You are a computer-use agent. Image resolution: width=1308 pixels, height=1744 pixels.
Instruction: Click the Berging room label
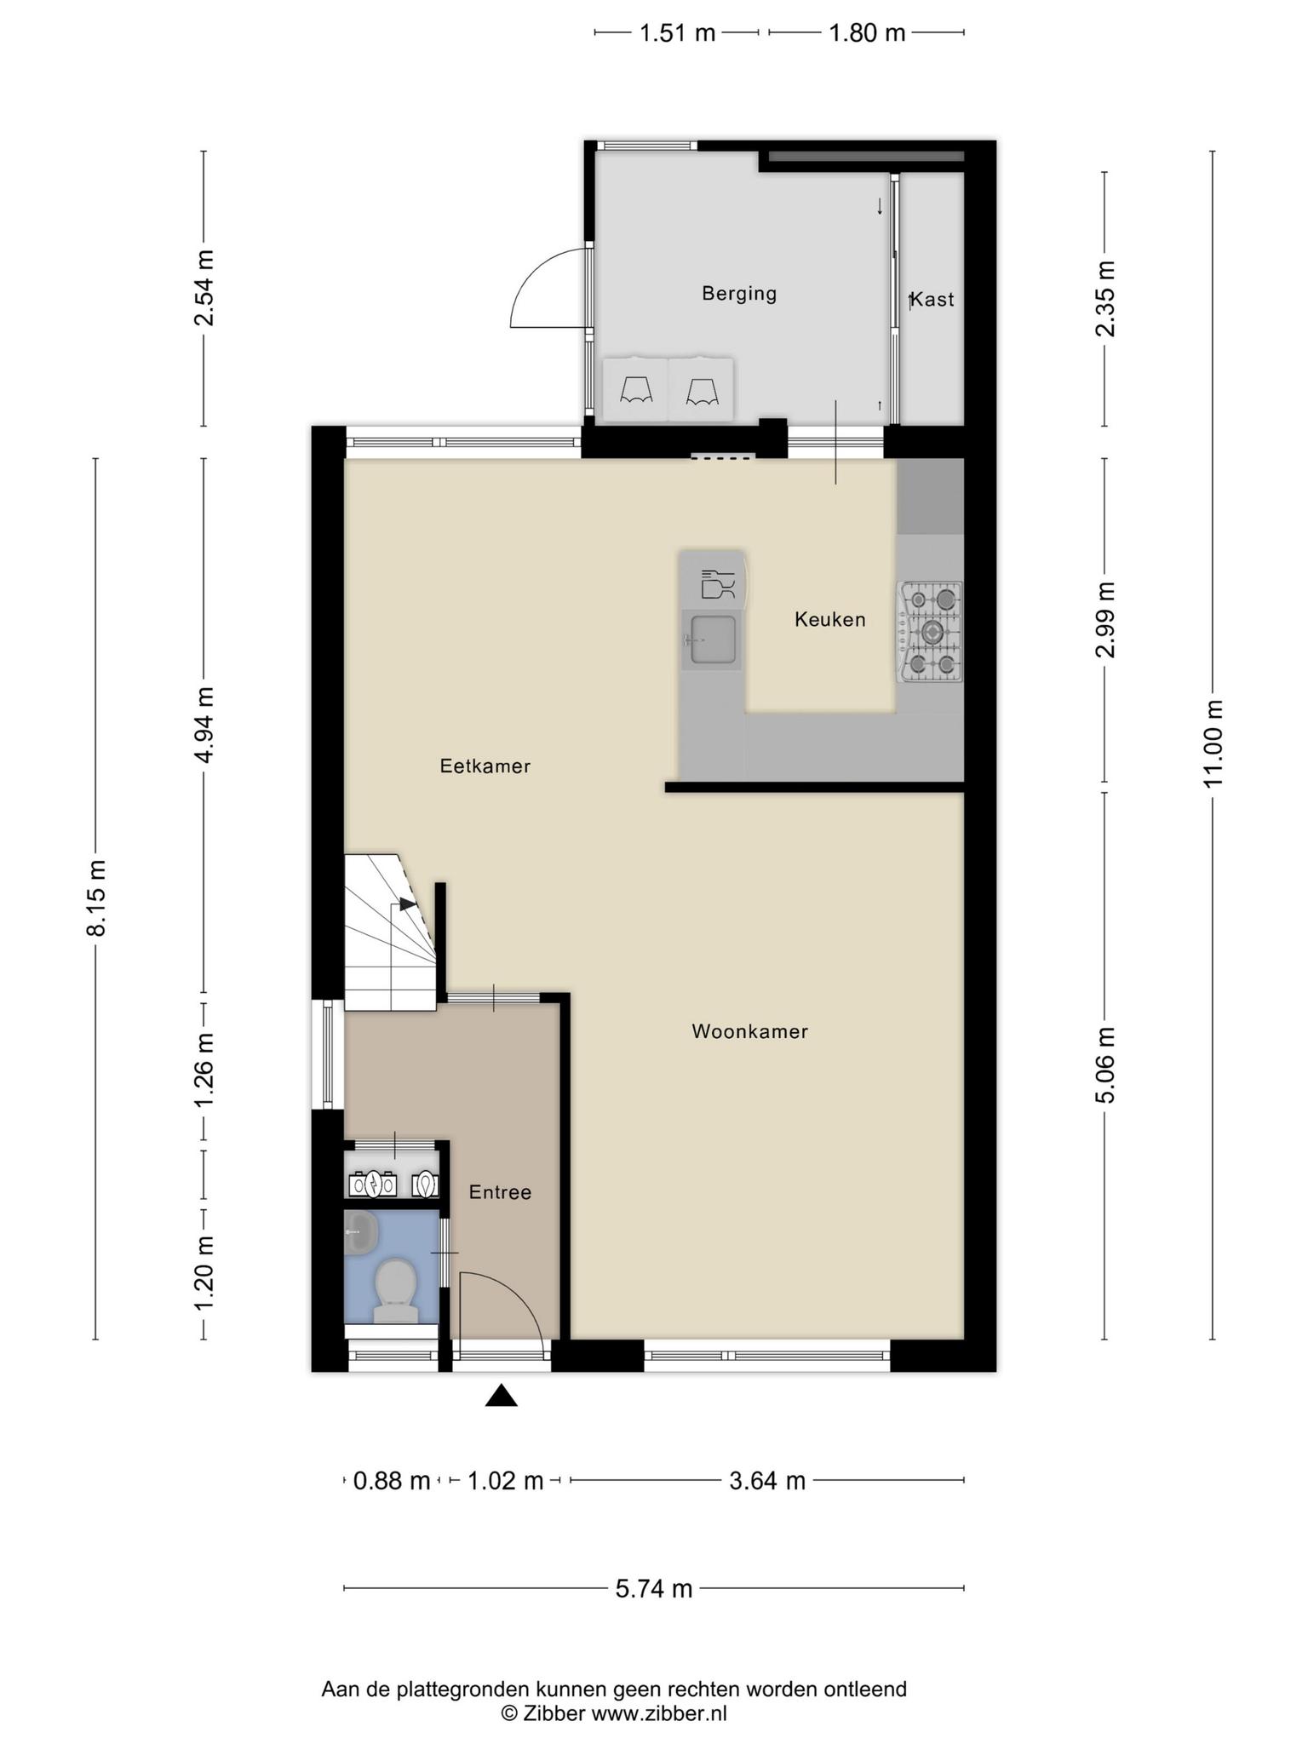coord(739,294)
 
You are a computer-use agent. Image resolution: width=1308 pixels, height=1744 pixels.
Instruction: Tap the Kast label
coord(932,300)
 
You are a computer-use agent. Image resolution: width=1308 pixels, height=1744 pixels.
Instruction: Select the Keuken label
coord(830,620)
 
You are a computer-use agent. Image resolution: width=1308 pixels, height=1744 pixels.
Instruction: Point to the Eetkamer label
coord(485,766)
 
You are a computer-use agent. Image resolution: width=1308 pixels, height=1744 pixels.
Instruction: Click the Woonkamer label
coord(750,1032)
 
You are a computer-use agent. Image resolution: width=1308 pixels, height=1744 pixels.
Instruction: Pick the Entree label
coord(501,1193)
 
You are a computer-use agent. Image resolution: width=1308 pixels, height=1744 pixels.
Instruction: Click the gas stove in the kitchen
coord(930,632)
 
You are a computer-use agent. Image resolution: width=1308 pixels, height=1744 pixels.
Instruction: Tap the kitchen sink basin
coord(713,640)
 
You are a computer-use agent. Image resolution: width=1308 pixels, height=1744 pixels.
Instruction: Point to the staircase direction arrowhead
coord(408,904)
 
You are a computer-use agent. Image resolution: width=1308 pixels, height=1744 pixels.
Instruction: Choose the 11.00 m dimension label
coord(1213,744)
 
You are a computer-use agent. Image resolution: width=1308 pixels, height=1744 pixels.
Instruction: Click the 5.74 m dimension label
coord(654,1588)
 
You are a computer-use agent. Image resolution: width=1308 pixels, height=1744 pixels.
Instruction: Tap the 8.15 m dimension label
coord(95,898)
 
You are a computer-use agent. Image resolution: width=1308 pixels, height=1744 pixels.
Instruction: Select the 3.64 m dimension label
coord(767,1481)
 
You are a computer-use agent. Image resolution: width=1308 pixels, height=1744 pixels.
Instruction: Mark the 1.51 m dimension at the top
coord(677,33)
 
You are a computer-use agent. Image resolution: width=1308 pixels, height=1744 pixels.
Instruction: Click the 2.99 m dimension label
coord(1105,620)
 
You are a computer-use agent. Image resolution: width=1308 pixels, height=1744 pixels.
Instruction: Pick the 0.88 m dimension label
coord(392,1481)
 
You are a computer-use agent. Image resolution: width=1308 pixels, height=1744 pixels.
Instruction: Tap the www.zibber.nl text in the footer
coord(659,1713)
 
